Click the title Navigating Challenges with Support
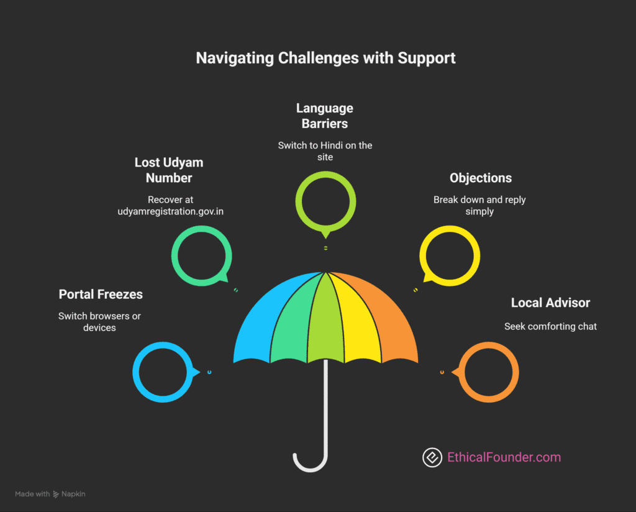pos(325,58)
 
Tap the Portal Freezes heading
pos(101,294)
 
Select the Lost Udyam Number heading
pos(169,170)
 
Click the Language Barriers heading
pos(324,116)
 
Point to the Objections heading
pos(481,178)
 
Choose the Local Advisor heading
pos(550,303)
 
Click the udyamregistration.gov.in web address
pos(170,211)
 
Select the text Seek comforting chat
pos(550,326)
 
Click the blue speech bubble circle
pos(135,372)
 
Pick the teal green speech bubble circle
pos(175,255)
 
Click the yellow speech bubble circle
pos(477,256)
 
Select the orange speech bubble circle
pos(516,372)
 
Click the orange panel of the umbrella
pos(385,321)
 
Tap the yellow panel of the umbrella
pos(357,324)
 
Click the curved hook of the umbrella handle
pos(311,469)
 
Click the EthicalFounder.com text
pos(504,457)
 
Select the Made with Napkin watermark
pos(50,494)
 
